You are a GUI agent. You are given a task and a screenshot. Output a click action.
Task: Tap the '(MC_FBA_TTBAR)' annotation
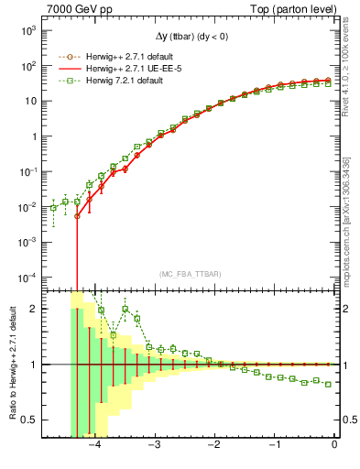(x=191, y=274)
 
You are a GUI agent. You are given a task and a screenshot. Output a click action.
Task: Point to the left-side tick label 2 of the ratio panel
(x=34, y=309)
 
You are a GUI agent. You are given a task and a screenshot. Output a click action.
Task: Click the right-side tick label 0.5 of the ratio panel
(x=349, y=420)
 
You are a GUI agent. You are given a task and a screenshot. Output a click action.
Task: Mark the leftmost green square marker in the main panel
(x=54, y=208)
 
